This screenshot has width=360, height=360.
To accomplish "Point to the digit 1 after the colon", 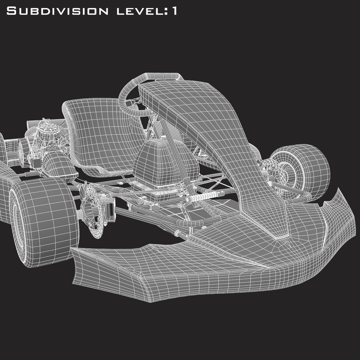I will pyautogui.click(x=174, y=11).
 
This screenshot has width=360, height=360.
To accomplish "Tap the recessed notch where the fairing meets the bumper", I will pyautogui.click(x=278, y=235).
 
